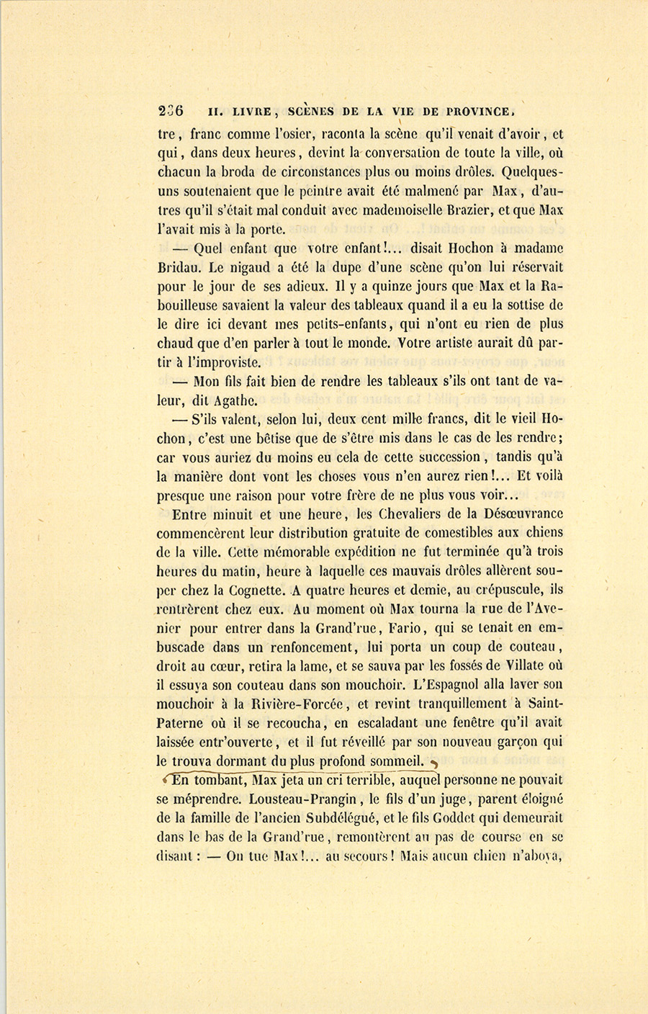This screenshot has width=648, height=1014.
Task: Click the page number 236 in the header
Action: click(171, 111)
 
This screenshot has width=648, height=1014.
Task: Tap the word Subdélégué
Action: click(343, 818)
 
